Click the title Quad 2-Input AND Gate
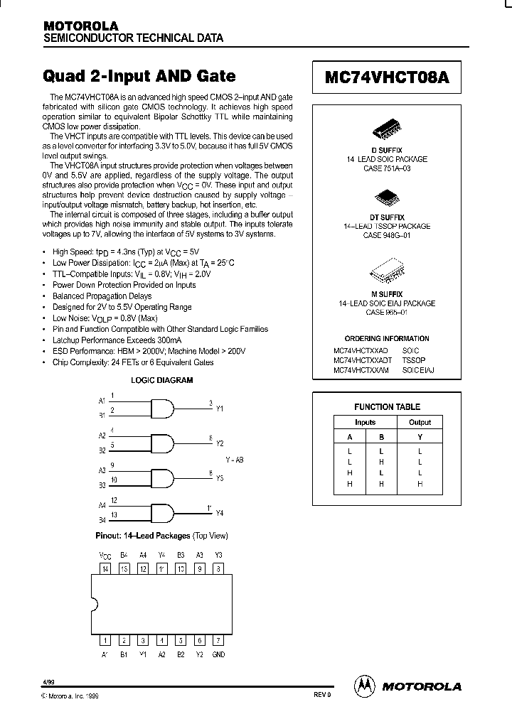pos(139,76)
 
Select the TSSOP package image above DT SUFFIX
pos(387,196)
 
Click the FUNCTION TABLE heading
pos(387,407)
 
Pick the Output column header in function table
pos(420,422)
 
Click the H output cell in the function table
pos(420,484)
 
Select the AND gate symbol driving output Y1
pos(161,408)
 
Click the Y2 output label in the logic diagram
pos(220,443)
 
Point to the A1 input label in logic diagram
pos(102,401)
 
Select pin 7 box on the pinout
pos(218,640)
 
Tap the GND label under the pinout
pos(218,654)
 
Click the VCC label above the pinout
pos(105,555)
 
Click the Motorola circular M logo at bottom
pos(364,686)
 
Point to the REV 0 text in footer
pos(322,695)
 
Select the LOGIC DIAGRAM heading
pos(161,380)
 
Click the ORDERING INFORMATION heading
pos(387,339)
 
